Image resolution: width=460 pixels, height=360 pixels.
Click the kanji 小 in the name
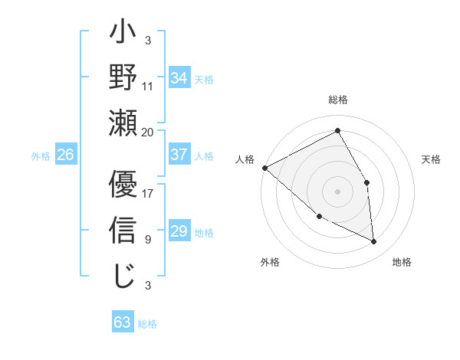(123, 35)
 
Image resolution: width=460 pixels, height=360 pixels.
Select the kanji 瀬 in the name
(123, 123)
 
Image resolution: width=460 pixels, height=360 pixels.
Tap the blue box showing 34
(179, 77)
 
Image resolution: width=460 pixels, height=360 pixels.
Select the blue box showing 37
(179, 155)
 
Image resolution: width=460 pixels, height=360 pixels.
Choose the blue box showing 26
(65, 155)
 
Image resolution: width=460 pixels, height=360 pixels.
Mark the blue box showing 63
(122, 322)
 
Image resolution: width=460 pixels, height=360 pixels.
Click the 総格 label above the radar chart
(337, 100)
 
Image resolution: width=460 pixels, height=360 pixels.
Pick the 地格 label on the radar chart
(402, 262)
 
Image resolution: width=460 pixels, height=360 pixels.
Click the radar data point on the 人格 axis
(264, 167)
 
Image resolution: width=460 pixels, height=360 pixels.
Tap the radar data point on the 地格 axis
(373, 242)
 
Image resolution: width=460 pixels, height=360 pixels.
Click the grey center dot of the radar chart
(337, 191)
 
